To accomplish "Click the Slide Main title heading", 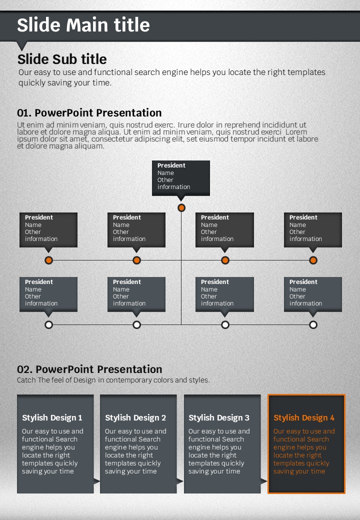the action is [x=83, y=25].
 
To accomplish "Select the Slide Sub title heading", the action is [x=62, y=59].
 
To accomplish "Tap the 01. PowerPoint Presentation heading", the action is [x=89, y=113].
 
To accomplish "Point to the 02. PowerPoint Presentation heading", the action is [x=89, y=369].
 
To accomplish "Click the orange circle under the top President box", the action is [x=181, y=208].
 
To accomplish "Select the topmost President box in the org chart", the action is [x=181, y=178].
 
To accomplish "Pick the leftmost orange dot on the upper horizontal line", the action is [x=48, y=260].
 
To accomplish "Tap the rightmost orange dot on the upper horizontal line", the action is [x=313, y=260].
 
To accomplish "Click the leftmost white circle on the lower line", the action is [x=48, y=324].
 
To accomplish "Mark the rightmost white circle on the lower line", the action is [x=313, y=324].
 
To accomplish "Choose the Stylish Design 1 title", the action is [x=52, y=418].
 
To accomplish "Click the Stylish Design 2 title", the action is [x=135, y=418].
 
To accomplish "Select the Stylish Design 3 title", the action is [x=219, y=418].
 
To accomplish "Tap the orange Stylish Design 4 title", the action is [x=304, y=418].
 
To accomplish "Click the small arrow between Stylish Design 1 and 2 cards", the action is [x=96, y=481].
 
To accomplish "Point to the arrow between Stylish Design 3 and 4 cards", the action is [x=263, y=481].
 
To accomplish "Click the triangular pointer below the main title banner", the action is [x=22, y=46].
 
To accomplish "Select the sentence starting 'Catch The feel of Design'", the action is [x=113, y=380].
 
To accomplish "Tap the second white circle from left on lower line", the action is [x=136, y=324].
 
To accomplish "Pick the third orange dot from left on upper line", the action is [x=225, y=260].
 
